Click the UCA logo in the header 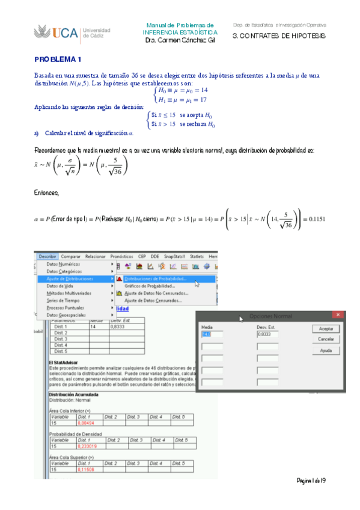click(x=55, y=32)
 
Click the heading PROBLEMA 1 click(x=58, y=60)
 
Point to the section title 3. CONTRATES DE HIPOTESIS click(x=279, y=36)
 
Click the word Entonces click(x=47, y=193)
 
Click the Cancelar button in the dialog click(x=326, y=340)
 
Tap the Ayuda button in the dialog click(x=326, y=350)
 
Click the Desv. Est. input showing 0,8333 click(x=267, y=334)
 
